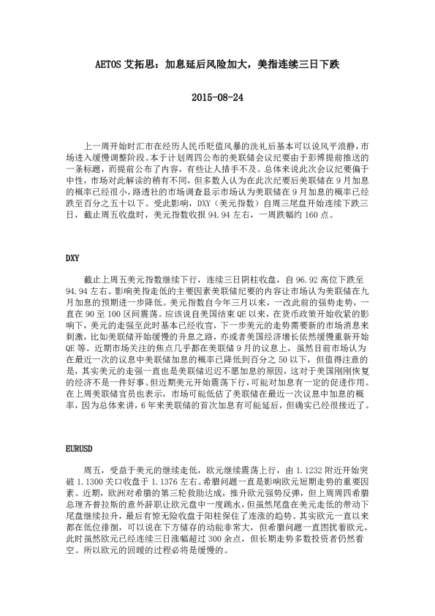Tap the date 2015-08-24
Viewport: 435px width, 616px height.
(217, 97)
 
